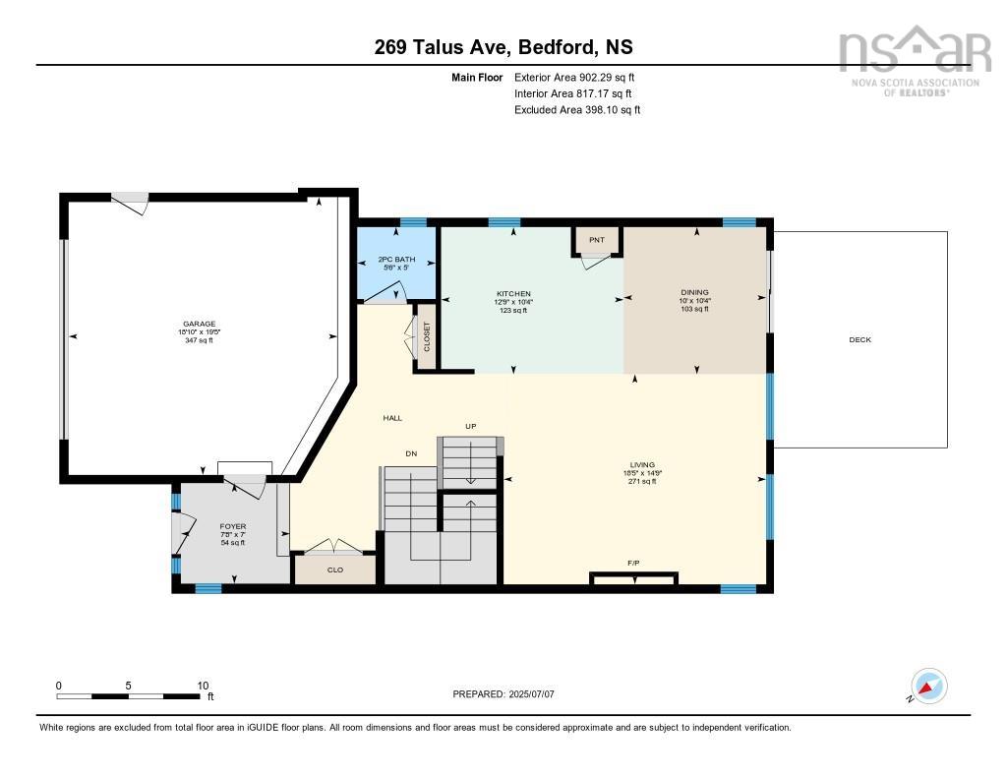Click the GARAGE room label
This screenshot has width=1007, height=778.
pos(199,324)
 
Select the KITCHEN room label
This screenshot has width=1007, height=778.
pos(513,294)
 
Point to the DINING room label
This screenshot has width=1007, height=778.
pos(694,292)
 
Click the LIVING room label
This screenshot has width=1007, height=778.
pos(642,465)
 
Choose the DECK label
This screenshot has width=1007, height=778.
pos(860,340)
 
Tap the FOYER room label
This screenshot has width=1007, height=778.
pos(233,527)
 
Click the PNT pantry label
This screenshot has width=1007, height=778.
pos(597,240)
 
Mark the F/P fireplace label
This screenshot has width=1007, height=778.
pos(633,564)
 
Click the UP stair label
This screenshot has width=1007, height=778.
pos(471,426)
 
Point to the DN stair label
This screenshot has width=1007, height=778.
pos(412,453)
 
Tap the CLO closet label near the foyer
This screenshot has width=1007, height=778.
pos(334,569)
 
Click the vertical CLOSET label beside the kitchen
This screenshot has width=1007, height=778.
pos(427,337)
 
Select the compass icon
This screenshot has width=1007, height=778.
pos(929,686)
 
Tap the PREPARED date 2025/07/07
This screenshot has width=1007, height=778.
pos(503,694)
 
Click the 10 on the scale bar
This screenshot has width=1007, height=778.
pos(203,686)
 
